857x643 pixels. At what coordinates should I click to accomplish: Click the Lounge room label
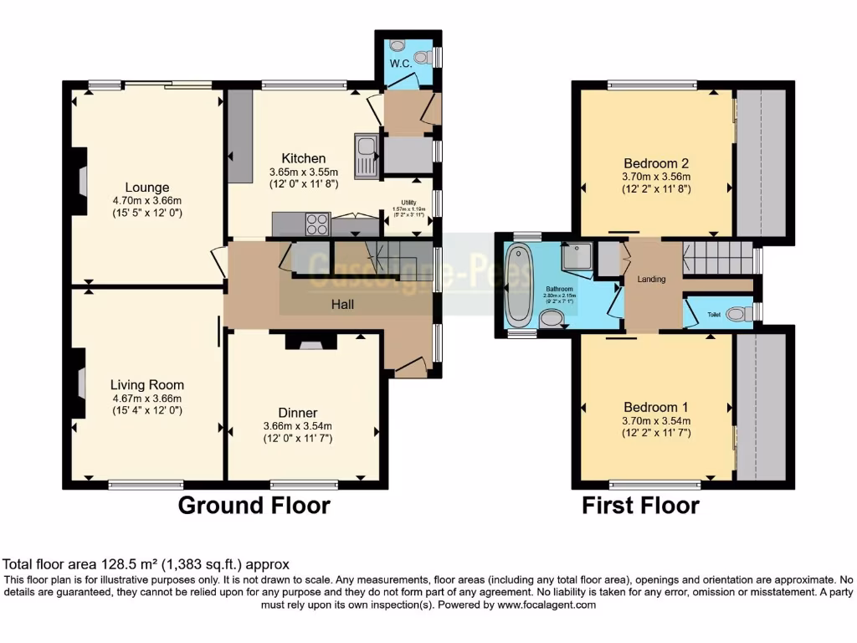point(147,188)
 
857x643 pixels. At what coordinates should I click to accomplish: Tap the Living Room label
point(147,385)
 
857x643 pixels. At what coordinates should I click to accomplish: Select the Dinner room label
point(297,413)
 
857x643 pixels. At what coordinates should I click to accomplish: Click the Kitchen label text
point(303,158)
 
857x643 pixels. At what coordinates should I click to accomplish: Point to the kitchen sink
point(366,157)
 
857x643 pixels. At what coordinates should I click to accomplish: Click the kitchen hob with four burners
point(317,224)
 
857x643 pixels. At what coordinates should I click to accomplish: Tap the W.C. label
point(398,64)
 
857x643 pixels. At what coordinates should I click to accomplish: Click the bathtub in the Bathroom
point(518,284)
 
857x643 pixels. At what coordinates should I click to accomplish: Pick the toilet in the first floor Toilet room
point(738,314)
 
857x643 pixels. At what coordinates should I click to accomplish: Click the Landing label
point(651,279)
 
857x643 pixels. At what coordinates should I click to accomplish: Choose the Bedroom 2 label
point(655,163)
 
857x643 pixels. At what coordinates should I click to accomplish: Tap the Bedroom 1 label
point(655,407)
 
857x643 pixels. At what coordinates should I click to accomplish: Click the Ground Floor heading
point(254,506)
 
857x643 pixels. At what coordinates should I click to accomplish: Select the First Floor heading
point(640,506)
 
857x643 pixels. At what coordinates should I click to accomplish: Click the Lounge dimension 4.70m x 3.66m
point(147,201)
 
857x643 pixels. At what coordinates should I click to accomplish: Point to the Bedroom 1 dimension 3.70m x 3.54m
point(655,421)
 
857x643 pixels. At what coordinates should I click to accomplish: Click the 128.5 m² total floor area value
point(126,565)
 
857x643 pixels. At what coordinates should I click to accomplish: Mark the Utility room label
point(408,202)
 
